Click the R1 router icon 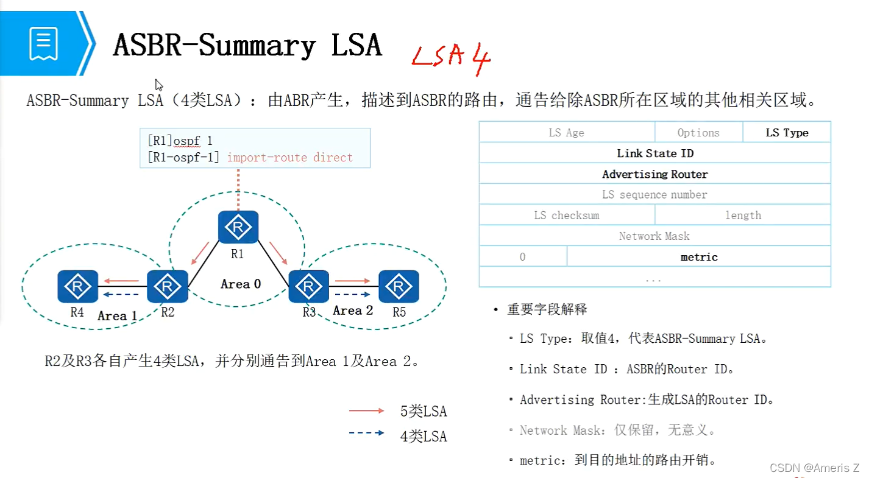238,227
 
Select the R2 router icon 167,286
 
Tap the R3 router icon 308,286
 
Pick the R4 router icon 77,286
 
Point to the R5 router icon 399,286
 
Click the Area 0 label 241,284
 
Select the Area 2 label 353,311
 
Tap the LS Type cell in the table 787,133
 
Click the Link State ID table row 655,153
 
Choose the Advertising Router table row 655,174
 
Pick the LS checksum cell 567,216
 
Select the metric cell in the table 699,257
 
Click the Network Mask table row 655,236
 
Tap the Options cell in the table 698,133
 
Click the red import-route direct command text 290,158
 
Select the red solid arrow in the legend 367,412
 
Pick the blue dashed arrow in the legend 367,433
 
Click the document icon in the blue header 43,43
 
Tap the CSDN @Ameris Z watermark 814,468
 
